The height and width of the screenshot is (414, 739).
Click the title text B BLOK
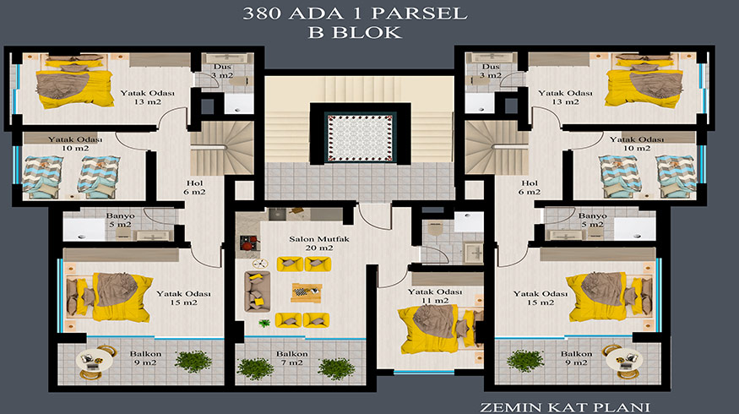355,33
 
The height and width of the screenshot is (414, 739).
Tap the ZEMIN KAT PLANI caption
565,407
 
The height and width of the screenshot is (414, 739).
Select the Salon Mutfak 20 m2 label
319,243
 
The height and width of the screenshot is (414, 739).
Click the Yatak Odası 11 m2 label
435,296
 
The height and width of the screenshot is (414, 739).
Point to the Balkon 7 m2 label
292,358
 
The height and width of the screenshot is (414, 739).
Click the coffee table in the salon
307,291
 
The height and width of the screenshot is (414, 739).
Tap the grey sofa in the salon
258,291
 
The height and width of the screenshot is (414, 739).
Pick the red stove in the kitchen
249,242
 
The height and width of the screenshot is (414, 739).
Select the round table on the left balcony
94,362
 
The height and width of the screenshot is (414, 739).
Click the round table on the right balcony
623,362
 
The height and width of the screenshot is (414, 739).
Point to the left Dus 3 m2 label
222,71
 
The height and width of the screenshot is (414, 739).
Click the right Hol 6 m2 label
530,188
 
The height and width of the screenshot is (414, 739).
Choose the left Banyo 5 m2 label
120,220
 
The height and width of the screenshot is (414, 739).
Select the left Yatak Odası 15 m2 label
183,297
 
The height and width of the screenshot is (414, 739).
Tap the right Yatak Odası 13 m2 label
565,97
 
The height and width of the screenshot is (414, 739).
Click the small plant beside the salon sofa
264,323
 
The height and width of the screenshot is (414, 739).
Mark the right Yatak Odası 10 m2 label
637,144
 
